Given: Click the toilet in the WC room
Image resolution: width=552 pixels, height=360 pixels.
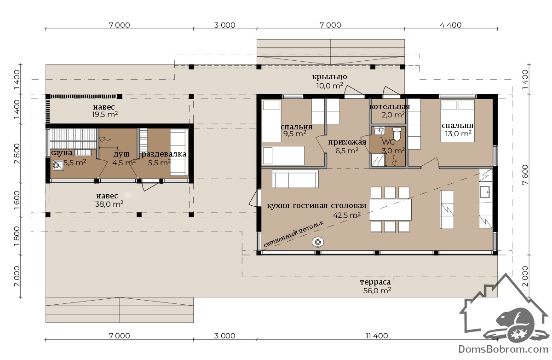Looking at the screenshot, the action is (397, 134).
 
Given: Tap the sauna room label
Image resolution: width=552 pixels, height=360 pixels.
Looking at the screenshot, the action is (62, 153).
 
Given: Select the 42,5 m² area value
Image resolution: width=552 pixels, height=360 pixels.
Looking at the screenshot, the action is (347, 215).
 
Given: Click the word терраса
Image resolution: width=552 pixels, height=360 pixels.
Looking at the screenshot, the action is (375, 282).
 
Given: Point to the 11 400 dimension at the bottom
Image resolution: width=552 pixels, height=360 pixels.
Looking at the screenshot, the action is (377, 336).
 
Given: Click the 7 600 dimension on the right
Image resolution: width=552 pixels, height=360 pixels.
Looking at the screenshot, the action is (525, 175).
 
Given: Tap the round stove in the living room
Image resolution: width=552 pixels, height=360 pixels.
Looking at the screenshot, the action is (318, 242).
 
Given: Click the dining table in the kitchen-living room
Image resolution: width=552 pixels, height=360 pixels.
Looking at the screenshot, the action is (390, 209).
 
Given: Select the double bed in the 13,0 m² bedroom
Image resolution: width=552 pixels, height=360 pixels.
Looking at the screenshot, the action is (458, 121).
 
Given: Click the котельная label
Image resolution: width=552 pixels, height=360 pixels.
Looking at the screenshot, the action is (390, 107).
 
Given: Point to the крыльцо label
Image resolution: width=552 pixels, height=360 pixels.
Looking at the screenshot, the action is (329, 77).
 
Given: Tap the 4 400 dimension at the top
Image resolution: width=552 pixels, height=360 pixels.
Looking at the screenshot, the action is (451, 25).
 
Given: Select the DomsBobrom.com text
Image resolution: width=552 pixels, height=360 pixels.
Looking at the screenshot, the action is (503, 349).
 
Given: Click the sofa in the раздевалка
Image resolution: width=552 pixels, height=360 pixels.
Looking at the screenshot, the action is (179, 152).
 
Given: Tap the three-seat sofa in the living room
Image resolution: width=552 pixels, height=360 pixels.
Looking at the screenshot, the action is (295, 179).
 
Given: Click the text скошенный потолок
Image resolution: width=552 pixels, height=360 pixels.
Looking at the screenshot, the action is (293, 234).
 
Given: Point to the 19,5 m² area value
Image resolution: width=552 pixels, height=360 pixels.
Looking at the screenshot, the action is (105, 115).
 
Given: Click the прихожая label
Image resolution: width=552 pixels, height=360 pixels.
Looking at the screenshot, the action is (347, 142).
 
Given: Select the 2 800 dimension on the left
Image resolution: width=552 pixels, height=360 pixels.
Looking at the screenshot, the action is (17, 154).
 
